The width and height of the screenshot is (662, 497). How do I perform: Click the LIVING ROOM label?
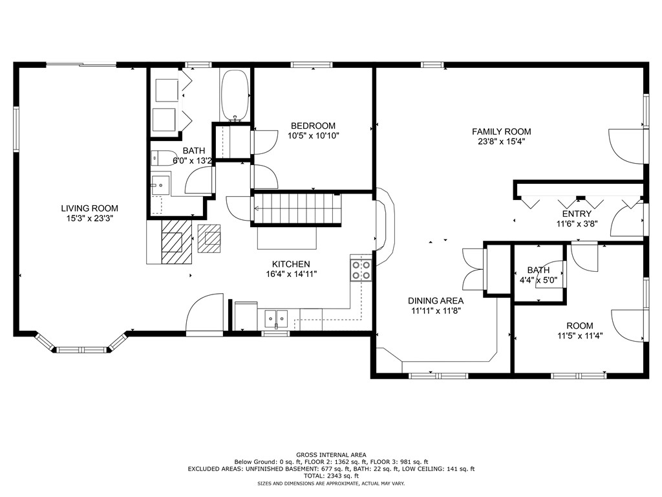coord(89,208)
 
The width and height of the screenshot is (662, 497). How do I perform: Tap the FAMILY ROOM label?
coord(502,132)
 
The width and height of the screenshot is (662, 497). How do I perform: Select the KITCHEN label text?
coord(291,264)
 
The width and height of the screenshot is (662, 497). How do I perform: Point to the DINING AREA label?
coord(436,301)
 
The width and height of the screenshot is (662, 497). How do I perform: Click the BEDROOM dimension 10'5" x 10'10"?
coord(314,136)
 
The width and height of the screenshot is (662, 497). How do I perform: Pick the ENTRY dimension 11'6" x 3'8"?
coord(577,224)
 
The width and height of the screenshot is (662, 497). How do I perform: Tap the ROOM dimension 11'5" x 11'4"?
coord(580,336)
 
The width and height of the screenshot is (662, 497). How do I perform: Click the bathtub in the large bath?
coord(235,96)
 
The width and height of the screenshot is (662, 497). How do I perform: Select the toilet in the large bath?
coord(164,158)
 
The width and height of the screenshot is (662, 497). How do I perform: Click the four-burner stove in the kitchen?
coord(361,271)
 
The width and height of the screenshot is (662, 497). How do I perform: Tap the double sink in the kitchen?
coord(276,318)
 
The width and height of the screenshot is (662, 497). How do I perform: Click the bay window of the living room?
coord(81,344)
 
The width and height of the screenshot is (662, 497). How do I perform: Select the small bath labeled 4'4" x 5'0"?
coord(539,274)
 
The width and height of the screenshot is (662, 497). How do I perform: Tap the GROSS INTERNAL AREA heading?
coord(332,455)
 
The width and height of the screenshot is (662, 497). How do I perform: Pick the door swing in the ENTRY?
coord(627,221)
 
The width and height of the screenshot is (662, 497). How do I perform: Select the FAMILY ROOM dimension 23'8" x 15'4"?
coord(502,142)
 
